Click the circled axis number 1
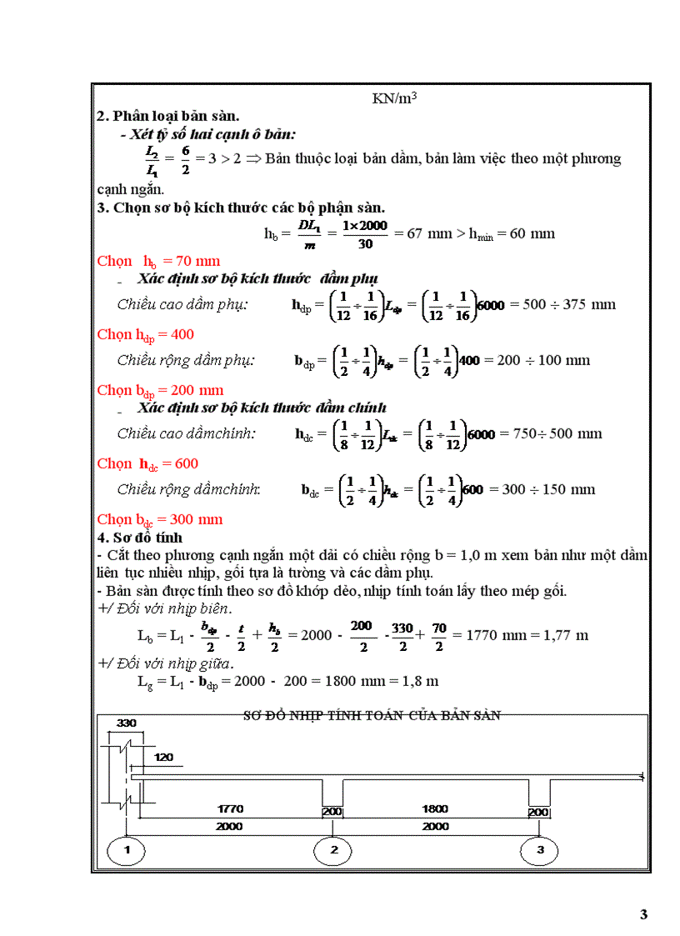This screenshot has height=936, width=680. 126,851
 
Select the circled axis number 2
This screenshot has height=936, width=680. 333,851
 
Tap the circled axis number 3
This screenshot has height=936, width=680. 540,851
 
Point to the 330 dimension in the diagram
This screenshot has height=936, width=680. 126,722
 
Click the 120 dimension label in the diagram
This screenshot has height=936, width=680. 164,757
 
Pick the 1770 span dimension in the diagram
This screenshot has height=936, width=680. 230,808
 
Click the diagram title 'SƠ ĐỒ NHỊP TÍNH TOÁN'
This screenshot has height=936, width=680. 371,715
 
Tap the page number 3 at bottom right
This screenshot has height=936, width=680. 643,914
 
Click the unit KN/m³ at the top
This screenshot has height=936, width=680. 394,98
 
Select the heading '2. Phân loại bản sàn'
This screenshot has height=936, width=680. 168,117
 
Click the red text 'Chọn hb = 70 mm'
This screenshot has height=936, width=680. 158,261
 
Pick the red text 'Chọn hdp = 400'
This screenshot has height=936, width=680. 146,334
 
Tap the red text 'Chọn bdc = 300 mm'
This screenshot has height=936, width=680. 160,519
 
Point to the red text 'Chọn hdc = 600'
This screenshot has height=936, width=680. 147,463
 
